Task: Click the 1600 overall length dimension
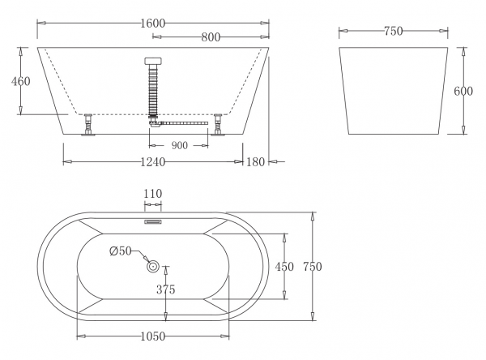tap(153, 24)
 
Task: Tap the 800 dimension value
tap(211, 37)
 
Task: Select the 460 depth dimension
tap(21, 81)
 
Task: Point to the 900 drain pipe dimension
tap(180, 145)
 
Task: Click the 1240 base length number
tap(153, 162)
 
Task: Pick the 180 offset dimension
tap(255, 162)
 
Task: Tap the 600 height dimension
tap(463, 92)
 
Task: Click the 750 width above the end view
tap(394, 31)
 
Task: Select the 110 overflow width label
tap(153, 194)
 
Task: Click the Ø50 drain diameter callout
tap(121, 251)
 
